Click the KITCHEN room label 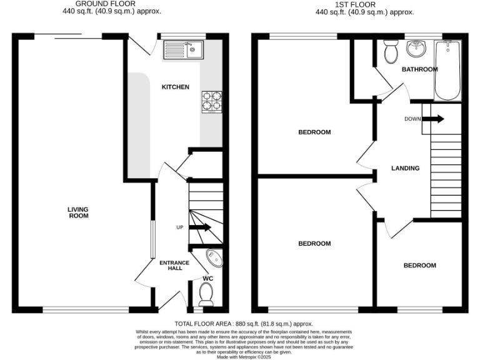(176, 87)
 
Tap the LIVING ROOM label (79, 212)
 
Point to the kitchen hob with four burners (212, 101)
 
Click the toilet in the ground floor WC (206, 293)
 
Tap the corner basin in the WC (214, 257)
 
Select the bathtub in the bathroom (447, 70)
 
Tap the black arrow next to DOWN (436, 119)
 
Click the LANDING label (405, 168)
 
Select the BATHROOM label (419, 69)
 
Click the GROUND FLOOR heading (105, 4)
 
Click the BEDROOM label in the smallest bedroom (419, 266)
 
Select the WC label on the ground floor (208, 278)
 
